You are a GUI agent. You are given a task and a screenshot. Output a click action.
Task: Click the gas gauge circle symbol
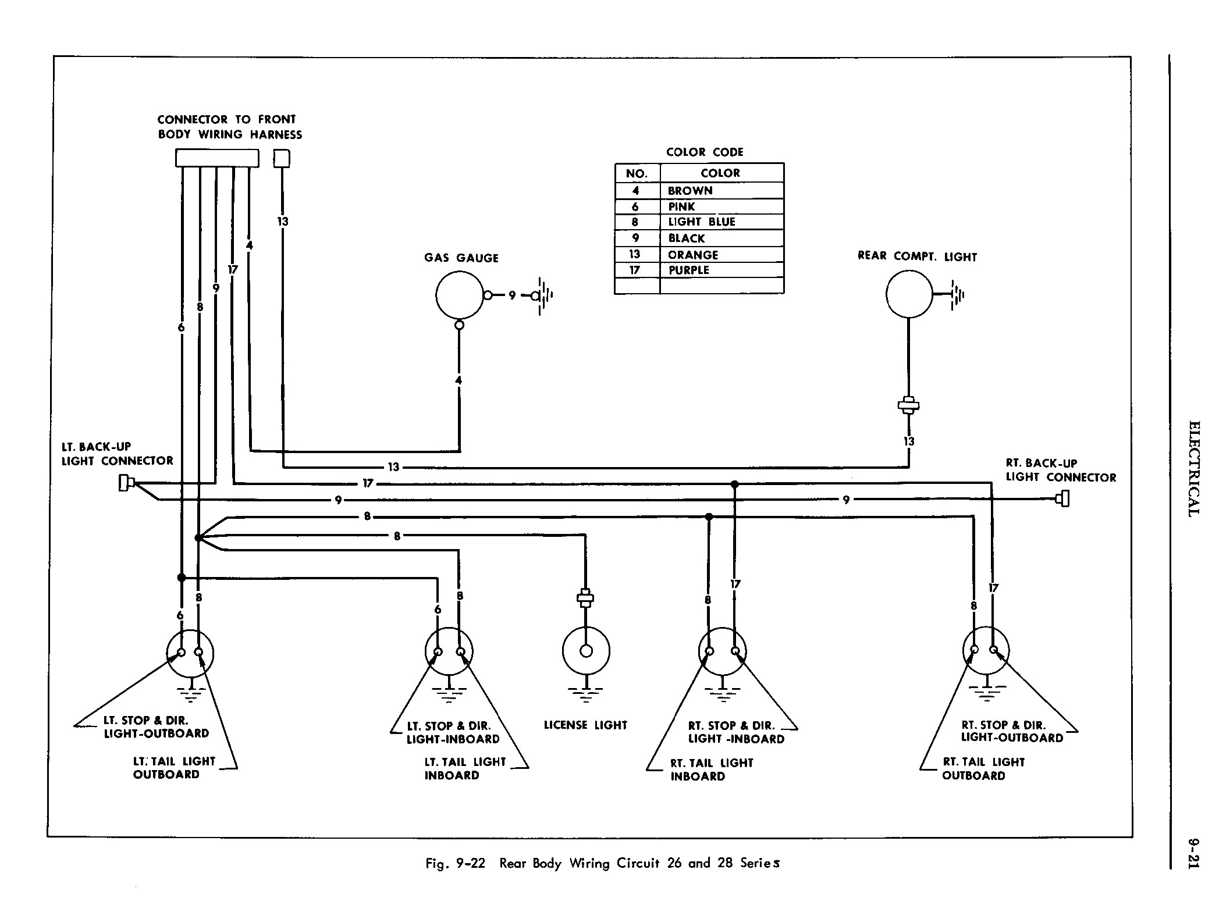[x=459, y=295]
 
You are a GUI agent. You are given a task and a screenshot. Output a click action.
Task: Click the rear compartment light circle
[x=909, y=294]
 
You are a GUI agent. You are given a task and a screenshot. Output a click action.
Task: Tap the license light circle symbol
[x=586, y=651]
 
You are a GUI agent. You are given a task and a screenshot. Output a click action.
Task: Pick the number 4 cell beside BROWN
[x=636, y=191]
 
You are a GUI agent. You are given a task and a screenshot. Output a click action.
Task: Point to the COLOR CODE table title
[x=704, y=152]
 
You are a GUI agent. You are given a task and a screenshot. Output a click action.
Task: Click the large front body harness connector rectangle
[x=217, y=158]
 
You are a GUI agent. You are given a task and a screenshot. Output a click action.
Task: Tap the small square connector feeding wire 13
[x=282, y=158]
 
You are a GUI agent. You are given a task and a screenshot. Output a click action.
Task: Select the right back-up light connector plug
[x=1064, y=499]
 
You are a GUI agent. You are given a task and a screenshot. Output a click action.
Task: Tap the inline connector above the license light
[x=585, y=598]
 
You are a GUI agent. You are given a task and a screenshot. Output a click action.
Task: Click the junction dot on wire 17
[x=734, y=483]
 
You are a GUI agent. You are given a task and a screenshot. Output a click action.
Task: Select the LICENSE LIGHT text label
[x=585, y=725]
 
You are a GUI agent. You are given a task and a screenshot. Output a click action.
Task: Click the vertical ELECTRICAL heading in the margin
[x=1193, y=468]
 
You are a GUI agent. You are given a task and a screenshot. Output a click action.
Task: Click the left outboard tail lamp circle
[x=190, y=653]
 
